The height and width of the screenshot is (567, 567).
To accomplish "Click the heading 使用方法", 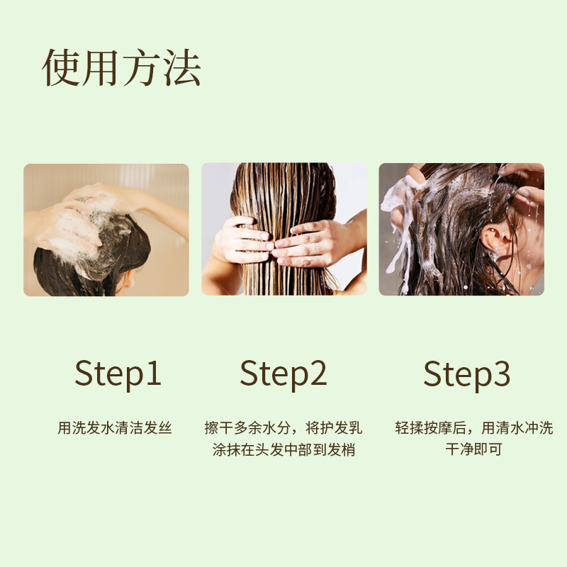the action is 121,67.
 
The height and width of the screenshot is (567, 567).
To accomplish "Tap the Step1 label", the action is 118,374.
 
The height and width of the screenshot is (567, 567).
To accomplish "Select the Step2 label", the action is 283,374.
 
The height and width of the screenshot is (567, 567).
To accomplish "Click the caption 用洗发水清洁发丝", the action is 115,428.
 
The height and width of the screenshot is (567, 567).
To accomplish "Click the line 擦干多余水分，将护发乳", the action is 283,428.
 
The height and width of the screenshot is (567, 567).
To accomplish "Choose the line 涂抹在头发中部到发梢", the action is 283,449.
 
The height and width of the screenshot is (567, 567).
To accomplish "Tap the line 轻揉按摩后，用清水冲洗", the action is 474,428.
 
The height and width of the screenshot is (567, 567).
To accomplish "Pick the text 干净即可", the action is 473,449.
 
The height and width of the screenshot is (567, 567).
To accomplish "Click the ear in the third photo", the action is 495,240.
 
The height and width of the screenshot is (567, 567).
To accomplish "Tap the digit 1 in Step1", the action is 153,373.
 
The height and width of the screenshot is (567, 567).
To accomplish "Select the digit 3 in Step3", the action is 502,374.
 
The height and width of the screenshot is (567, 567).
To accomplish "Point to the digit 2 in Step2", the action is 318,373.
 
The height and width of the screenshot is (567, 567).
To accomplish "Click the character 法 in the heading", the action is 182,67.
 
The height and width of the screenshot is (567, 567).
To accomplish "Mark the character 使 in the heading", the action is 61,67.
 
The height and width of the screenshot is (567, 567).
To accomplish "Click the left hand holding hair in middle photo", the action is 243,240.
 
